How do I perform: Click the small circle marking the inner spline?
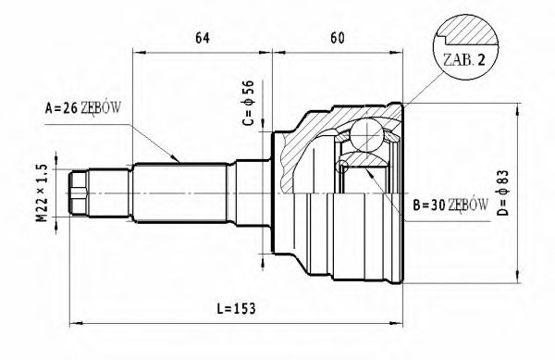coord(344,166)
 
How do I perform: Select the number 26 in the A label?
coord(68,109)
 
